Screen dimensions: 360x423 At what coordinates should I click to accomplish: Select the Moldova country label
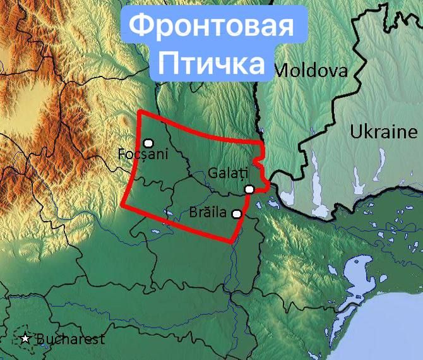312,70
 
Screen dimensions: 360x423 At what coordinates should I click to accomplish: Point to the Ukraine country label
384,132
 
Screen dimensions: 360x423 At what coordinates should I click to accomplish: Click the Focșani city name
140,153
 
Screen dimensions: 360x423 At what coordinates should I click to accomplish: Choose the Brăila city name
208,212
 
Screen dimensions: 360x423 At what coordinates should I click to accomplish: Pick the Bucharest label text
70,339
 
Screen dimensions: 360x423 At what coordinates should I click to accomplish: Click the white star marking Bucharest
25,339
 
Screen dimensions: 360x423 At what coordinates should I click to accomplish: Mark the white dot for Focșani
148,143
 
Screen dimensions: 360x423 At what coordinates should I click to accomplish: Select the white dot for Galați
250,189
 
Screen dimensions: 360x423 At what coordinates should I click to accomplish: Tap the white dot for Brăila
237,214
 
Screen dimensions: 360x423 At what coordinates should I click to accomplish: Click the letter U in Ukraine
355,133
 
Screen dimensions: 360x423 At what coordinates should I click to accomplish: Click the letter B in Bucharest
41,339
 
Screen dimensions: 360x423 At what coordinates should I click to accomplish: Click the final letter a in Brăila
223,213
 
